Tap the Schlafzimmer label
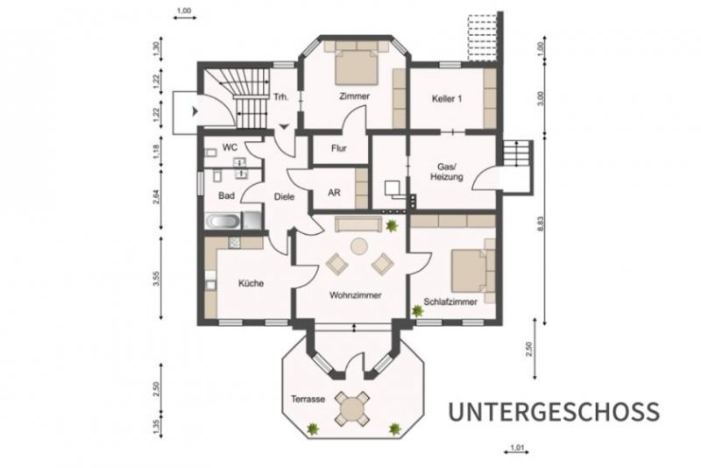[x=450, y=301]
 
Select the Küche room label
[x=250, y=283]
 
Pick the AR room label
[x=334, y=192]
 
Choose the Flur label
[x=338, y=148]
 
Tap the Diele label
[x=284, y=197]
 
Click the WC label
[x=230, y=147]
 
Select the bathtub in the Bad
[x=224, y=222]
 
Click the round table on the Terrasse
[x=353, y=408]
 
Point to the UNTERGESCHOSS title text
[x=553, y=411]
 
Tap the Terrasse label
[x=308, y=399]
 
